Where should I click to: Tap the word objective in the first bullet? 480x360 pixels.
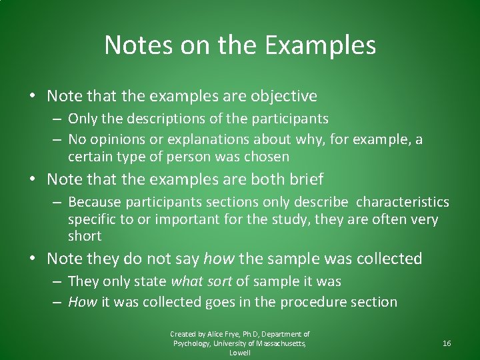click(x=283, y=96)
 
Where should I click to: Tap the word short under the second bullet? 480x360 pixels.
click(x=85, y=236)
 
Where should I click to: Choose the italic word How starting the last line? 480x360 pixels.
click(x=83, y=302)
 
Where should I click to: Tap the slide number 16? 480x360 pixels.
click(x=447, y=343)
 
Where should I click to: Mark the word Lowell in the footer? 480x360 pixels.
click(x=240, y=353)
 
